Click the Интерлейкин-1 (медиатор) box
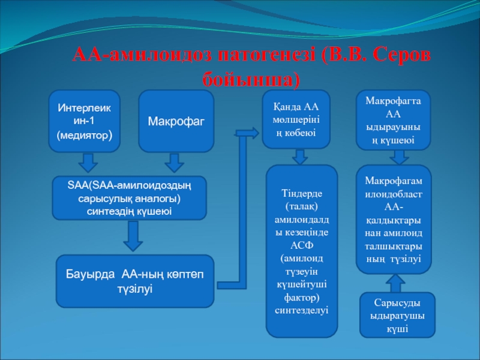[84, 121]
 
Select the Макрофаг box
[176, 121]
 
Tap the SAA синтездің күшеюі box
[130, 198]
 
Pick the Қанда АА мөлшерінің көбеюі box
[296, 119]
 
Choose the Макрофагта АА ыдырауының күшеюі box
[394, 120]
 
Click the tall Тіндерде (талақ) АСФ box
[301, 251]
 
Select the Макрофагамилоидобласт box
[394, 220]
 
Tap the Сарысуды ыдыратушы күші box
[394, 314]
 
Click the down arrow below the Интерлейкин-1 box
[89, 162]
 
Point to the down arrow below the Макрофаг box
[174, 162]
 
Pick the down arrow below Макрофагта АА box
[397, 157]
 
